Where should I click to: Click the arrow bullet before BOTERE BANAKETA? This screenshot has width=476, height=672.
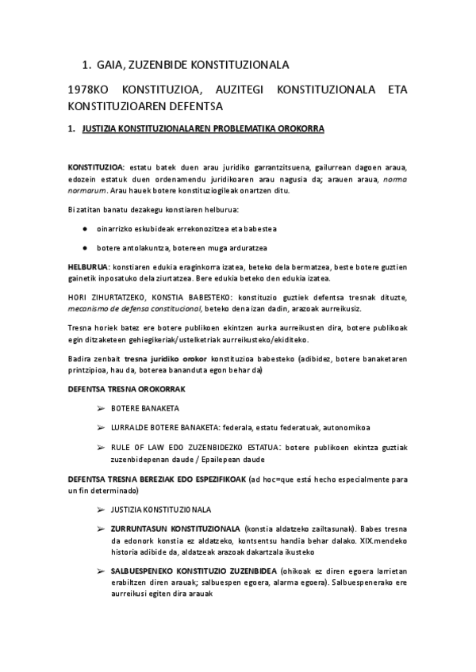(x=101, y=408)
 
